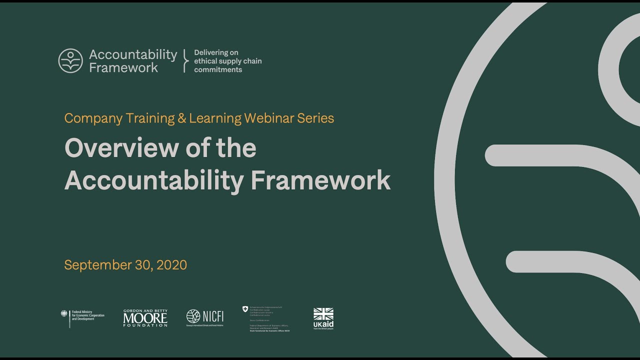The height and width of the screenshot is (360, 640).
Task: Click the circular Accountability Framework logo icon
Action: point(70,61)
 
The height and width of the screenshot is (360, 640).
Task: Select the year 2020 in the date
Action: point(172,265)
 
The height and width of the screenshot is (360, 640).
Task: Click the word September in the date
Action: point(97,265)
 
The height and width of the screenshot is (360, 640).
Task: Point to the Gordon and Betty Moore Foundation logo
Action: point(145,318)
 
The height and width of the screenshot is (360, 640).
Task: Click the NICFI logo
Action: point(205,316)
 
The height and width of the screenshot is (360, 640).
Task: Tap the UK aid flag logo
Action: point(323,318)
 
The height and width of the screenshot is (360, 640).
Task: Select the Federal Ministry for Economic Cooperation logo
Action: point(83,318)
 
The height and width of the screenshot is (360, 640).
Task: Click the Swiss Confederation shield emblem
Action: point(245,309)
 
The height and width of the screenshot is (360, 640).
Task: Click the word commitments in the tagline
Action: point(218,70)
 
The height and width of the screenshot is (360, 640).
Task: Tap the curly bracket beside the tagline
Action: point(185,61)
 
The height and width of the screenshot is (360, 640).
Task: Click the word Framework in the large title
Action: point(320,180)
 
